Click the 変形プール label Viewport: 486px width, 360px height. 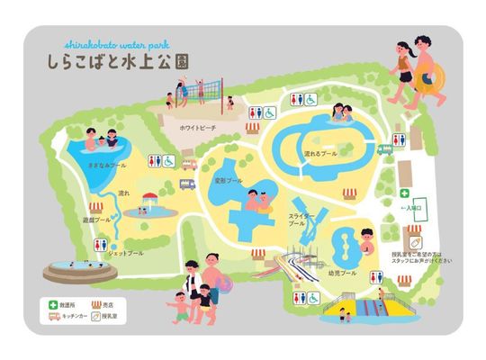[230, 180]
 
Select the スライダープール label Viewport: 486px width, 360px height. [301, 220]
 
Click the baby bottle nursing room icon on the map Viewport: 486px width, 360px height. [415, 241]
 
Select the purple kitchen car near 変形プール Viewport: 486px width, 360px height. [187, 184]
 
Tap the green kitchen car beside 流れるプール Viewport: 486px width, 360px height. [385, 150]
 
